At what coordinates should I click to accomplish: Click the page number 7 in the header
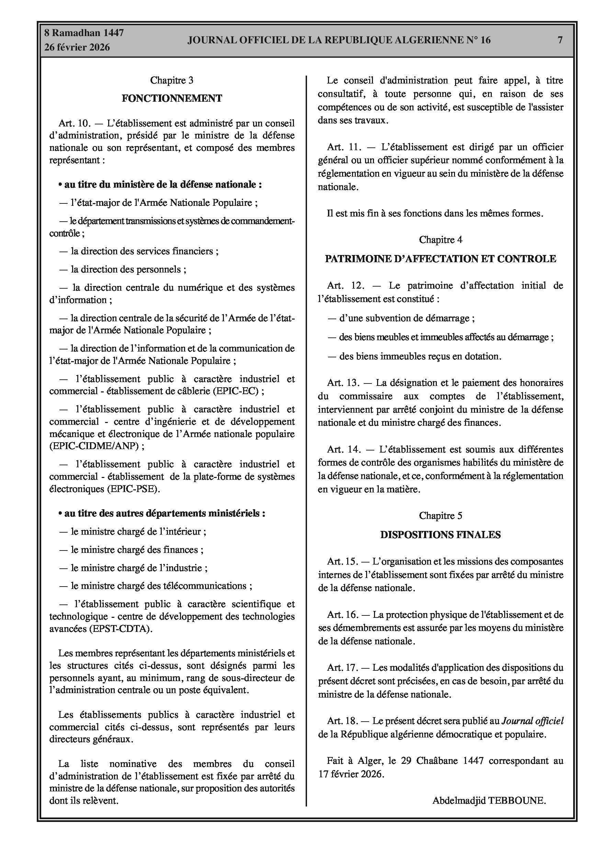560,40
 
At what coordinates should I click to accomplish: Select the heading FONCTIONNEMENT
172,98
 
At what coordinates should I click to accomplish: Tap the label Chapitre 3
172,80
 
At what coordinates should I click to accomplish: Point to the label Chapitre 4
440,240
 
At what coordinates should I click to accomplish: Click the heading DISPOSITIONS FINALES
440,535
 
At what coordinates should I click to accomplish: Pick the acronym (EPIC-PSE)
133,489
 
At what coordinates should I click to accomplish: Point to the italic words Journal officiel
532,721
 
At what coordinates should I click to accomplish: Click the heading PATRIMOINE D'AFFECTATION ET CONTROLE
440,259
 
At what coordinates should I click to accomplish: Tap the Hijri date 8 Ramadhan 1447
84,33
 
